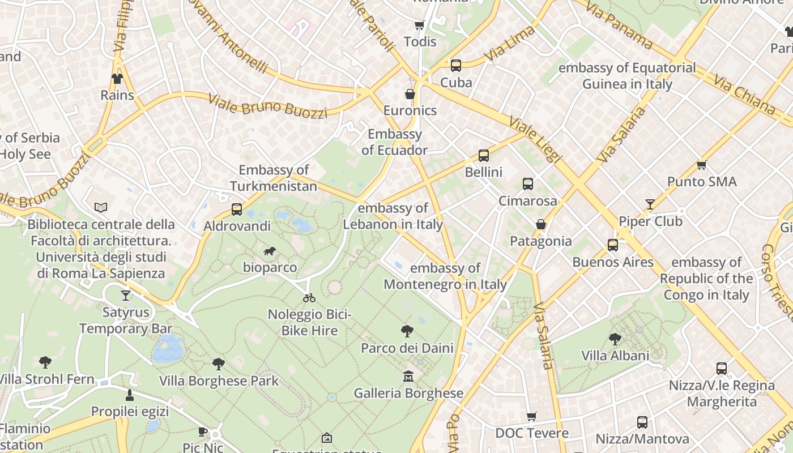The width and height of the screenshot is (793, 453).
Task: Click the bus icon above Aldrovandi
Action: (237, 210)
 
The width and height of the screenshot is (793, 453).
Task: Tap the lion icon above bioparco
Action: (270, 251)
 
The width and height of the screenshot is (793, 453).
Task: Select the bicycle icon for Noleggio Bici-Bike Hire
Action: (309, 297)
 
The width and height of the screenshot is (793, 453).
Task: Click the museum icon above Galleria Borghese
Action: (408, 376)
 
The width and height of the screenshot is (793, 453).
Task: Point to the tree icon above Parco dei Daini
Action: (407, 331)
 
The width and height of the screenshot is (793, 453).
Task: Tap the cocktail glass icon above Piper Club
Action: (650, 204)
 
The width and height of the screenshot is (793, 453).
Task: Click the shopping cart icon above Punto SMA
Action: (701, 165)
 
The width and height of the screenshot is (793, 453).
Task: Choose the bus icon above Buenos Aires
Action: (612, 245)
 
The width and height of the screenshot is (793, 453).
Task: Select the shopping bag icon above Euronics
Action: (410, 94)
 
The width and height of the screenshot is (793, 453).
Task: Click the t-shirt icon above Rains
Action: (117, 79)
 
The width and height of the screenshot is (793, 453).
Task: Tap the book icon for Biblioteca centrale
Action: (101, 208)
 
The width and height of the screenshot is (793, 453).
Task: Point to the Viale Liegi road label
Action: (535, 139)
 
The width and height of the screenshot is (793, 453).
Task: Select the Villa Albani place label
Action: (615, 356)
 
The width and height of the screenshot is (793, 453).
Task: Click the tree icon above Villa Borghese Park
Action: (219, 364)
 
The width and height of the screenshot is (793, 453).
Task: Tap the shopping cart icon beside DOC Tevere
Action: (531, 417)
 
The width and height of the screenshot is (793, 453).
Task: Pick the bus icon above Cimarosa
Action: (527, 184)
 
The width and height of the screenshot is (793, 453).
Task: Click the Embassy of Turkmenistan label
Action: (274, 178)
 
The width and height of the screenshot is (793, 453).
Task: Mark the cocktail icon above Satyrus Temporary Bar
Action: (126, 295)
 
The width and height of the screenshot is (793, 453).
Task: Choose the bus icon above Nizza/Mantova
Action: (642, 422)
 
